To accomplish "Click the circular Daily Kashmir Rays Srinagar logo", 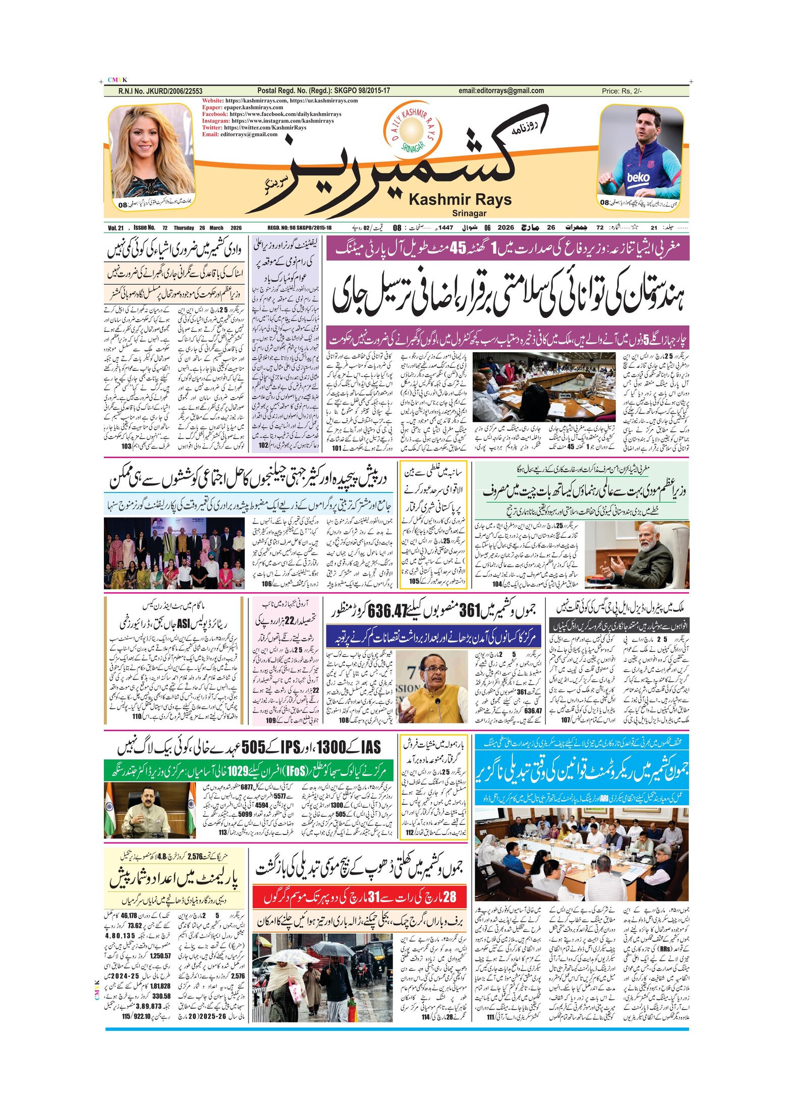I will pos(413,130).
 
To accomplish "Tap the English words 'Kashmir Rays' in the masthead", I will pos(460,200).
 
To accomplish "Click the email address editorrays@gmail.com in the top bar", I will pos(501,91).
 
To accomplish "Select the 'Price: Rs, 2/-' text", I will pos(622,91).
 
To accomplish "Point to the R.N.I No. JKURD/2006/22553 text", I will pos(160,91).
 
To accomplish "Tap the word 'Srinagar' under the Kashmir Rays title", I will pos(469,213).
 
